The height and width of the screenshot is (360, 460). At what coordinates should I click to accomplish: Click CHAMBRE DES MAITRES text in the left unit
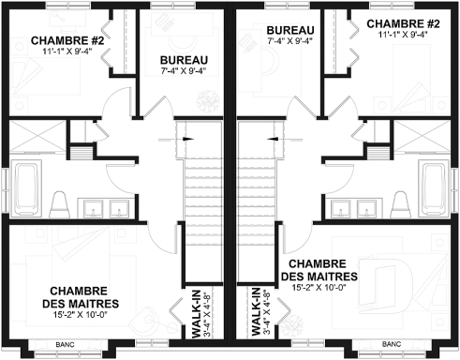80,297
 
